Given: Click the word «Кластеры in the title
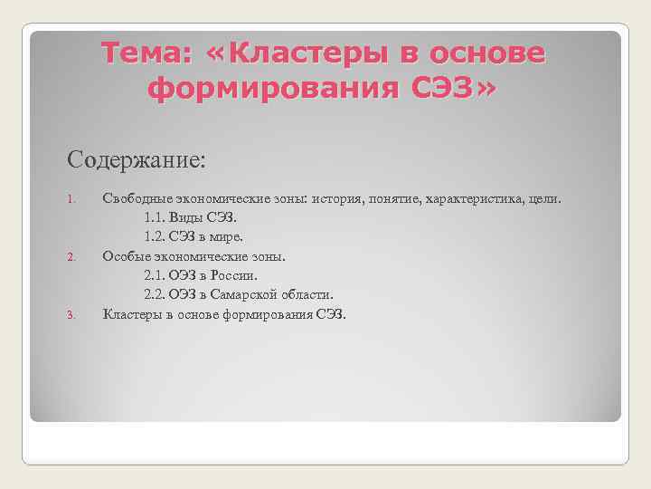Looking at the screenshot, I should click(302, 54).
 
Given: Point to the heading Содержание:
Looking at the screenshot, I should click(137, 160).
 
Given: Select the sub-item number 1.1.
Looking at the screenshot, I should click(155, 217).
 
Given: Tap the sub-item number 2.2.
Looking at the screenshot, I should click(155, 295).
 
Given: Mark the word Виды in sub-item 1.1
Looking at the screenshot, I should click(189, 217).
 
